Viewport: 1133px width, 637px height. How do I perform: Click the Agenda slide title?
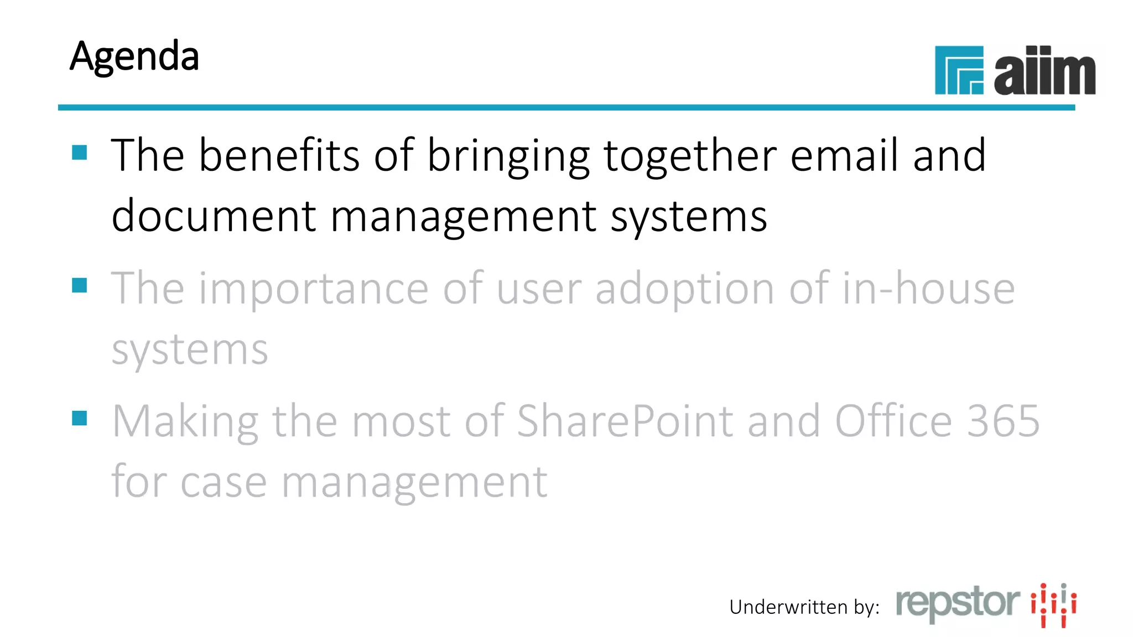pos(134,56)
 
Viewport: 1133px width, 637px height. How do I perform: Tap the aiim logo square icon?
pos(959,70)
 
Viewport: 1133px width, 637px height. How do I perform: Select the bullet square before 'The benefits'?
pos(80,152)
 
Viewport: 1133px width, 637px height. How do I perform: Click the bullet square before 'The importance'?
pos(80,285)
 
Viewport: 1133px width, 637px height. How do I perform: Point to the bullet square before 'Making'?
pos(80,418)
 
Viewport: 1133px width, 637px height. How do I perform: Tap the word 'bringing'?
pos(508,156)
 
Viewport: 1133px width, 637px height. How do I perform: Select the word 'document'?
pos(214,216)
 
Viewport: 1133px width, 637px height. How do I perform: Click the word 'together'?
pos(690,156)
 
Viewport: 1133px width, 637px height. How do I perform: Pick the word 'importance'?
pos(313,289)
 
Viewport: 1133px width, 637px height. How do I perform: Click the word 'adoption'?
pos(685,289)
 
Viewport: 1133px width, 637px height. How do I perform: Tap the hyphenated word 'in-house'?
pos(928,288)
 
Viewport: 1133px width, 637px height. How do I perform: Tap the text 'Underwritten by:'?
pos(804,607)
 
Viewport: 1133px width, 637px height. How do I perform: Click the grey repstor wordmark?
pos(958,603)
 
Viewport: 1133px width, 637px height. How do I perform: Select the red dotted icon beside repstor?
pos(1053,604)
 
